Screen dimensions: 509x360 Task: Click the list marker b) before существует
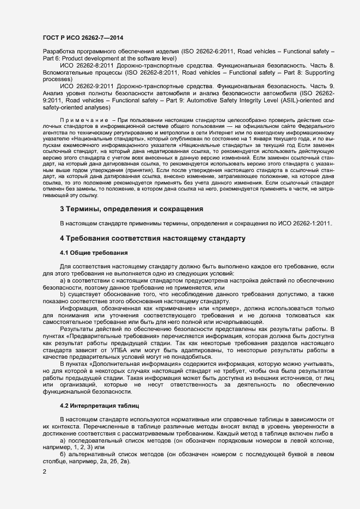pyautogui.click(x=63, y=295)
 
